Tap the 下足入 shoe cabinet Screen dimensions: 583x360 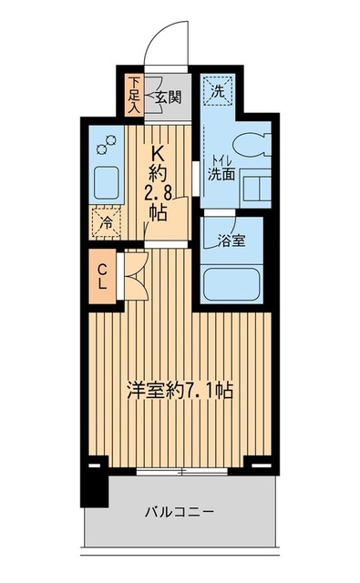(x=133, y=94)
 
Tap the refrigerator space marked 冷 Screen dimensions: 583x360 (x=107, y=220)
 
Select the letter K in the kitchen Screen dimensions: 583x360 (x=157, y=153)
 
